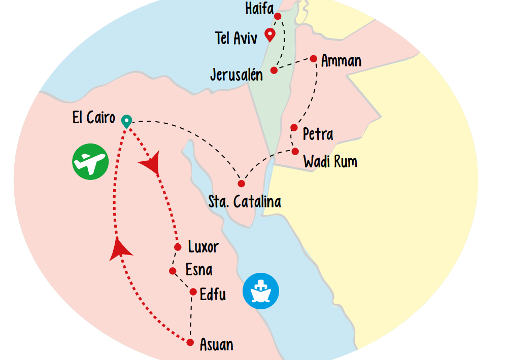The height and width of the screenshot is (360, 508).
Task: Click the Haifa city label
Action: pyautogui.click(x=259, y=8)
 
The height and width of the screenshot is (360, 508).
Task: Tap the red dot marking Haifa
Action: pyautogui.click(x=278, y=16)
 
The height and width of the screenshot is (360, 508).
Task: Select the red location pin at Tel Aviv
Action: pyautogui.click(x=270, y=34)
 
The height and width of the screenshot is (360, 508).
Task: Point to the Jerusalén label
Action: pyautogui.click(x=236, y=75)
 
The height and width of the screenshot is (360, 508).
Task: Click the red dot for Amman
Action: pyautogui.click(x=314, y=58)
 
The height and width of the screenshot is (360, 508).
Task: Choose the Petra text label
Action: pyautogui.click(x=318, y=134)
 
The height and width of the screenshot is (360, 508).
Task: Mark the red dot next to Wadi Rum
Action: pyautogui.click(x=295, y=151)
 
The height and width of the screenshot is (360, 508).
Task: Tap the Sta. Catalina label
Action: pyautogui.click(x=245, y=201)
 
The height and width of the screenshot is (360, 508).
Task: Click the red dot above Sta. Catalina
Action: pyautogui.click(x=242, y=184)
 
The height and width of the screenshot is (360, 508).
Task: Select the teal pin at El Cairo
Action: pyautogui.click(x=126, y=121)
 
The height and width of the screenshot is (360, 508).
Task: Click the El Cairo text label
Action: pyautogui.click(x=94, y=118)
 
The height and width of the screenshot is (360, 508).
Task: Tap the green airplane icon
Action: pyautogui.click(x=90, y=162)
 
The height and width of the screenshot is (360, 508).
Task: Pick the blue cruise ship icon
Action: pyautogui.click(x=261, y=291)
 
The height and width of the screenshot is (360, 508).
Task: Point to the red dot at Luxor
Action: pyautogui.click(x=178, y=247)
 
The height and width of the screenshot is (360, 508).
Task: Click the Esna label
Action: pyautogui.click(x=198, y=270)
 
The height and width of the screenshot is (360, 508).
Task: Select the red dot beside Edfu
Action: pyautogui.click(x=193, y=292)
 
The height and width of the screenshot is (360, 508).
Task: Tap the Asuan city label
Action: pyautogui.click(x=217, y=344)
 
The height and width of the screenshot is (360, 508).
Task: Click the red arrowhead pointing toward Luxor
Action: pyautogui.click(x=152, y=163)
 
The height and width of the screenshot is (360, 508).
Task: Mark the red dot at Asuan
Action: pyautogui.click(x=190, y=342)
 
